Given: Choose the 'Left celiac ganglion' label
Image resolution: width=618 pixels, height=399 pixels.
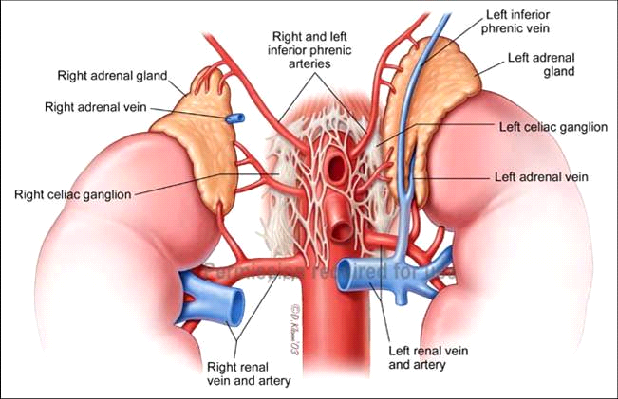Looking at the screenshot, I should [x=552, y=127].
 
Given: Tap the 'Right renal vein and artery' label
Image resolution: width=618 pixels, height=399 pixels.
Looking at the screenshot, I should [x=249, y=374].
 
